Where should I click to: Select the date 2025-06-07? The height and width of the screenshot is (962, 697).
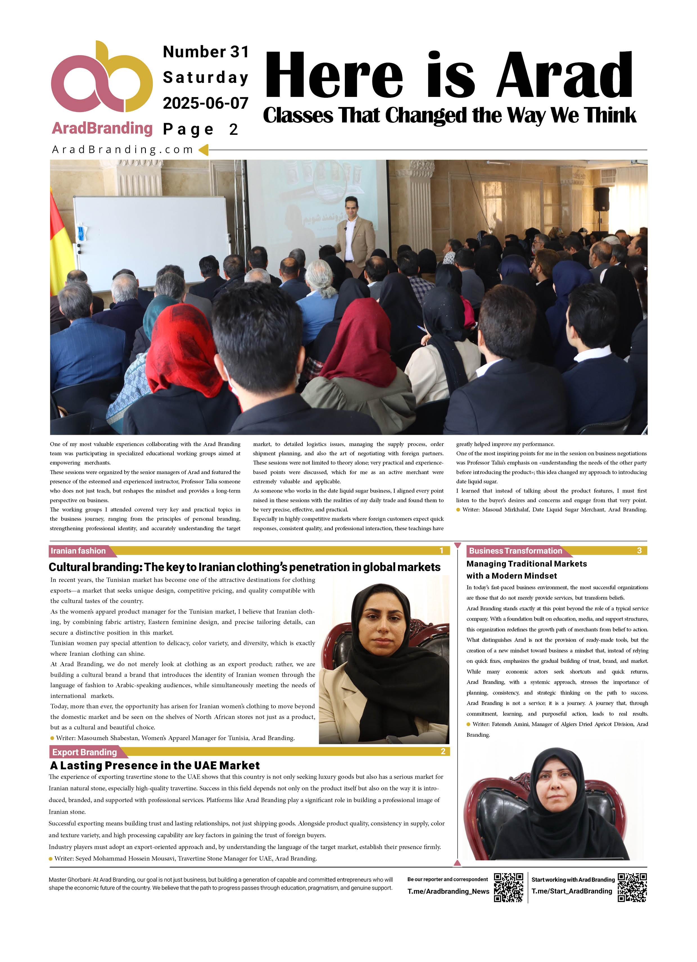pos(205,103)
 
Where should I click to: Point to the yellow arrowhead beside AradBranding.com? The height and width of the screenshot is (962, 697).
pos(204,150)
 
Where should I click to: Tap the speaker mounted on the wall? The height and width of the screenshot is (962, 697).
pos(601,199)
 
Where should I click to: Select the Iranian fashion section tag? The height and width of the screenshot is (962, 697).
pos(78,551)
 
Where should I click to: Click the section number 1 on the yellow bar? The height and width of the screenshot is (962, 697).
pos(442,551)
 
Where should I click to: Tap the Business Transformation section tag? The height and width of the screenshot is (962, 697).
pos(515,551)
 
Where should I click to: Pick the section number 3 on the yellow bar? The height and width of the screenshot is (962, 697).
pos(639,551)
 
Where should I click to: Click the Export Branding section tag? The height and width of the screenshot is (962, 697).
pos(85,752)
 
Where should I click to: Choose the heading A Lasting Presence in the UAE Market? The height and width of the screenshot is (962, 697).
pos(155,766)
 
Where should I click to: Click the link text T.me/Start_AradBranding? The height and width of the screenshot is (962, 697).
pos(571,891)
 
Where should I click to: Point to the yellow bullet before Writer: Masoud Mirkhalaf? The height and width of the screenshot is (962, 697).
pos(458,510)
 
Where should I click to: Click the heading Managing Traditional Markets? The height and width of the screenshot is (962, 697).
pos(526,564)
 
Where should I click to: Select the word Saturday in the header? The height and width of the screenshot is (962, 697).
pos(205,78)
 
